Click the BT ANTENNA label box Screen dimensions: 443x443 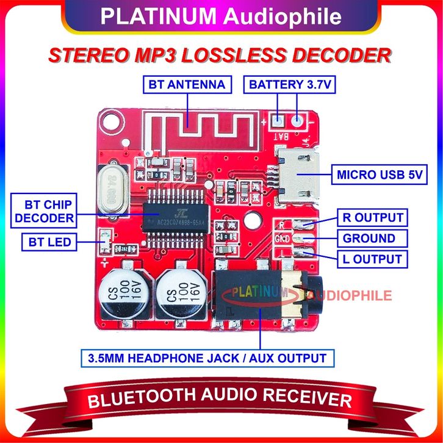pos(187,84)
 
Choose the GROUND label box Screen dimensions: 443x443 pos(369,238)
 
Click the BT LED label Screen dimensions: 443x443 pos(46,242)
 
